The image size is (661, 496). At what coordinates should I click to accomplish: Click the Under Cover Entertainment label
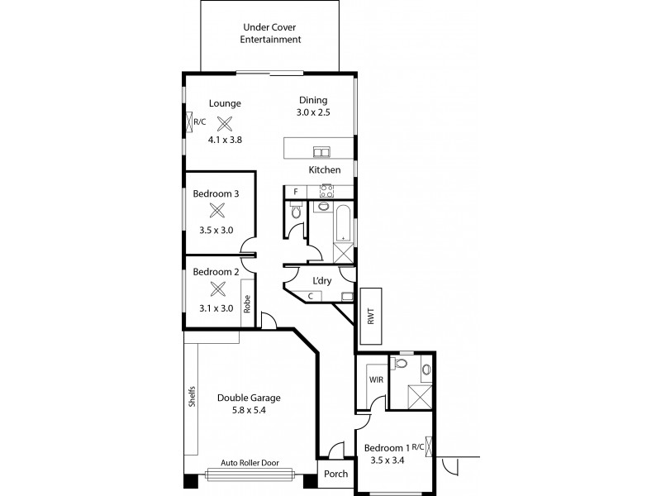click(270, 33)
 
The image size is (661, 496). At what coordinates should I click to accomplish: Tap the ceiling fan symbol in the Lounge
click(224, 123)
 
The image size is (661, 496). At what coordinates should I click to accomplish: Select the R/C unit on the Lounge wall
click(198, 122)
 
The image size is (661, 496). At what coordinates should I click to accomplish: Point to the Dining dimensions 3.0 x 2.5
click(313, 112)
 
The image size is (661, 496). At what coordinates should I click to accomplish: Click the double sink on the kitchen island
click(321, 151)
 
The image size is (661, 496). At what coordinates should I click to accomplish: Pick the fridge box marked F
click(295, 192)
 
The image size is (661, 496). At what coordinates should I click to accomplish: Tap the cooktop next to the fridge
click(326, 192)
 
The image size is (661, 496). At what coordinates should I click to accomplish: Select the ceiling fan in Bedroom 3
click(217, 212)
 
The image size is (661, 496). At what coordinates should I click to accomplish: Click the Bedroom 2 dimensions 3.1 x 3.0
click(216, 308)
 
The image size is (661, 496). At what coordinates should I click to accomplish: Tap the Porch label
click(335, 475)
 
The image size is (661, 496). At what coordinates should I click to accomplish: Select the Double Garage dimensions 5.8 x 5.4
click(242, 409)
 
